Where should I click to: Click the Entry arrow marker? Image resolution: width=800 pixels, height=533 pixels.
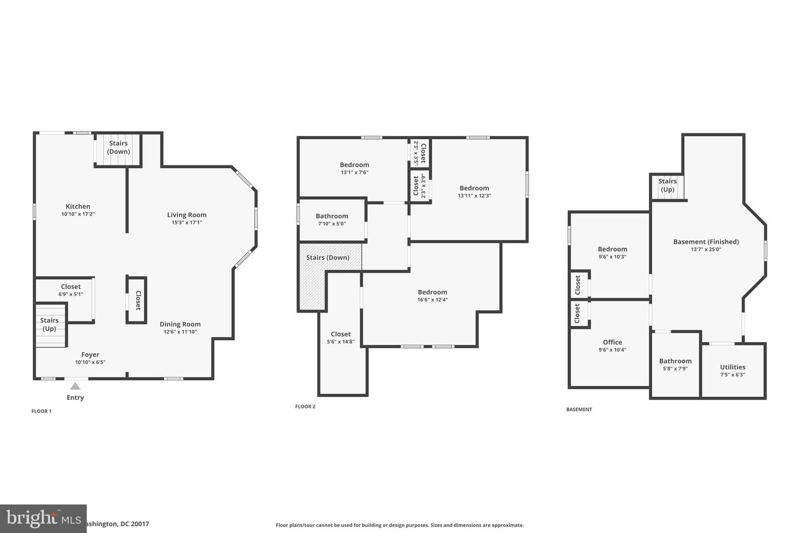(75, 386)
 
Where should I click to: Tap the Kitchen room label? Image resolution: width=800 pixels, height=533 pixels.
(78, 207)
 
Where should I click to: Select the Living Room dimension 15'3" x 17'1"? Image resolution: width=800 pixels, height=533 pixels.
(187, 223)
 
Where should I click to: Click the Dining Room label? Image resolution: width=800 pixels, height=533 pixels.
(180, 324)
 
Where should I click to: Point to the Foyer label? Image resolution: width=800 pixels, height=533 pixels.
(90, 355)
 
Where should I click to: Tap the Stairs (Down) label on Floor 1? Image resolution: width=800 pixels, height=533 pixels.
(118, 147)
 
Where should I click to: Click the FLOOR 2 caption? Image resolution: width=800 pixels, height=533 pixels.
(305, 407)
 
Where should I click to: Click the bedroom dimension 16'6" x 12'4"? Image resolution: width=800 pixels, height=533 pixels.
(432, 300)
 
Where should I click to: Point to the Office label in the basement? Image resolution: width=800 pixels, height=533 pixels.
(612, 342)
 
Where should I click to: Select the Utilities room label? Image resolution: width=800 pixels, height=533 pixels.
(732, 367)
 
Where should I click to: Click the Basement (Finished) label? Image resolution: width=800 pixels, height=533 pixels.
(706, 242)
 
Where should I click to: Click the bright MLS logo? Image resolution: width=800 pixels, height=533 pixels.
(43, 519)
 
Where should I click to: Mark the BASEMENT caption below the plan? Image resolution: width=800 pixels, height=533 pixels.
(579, 410)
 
